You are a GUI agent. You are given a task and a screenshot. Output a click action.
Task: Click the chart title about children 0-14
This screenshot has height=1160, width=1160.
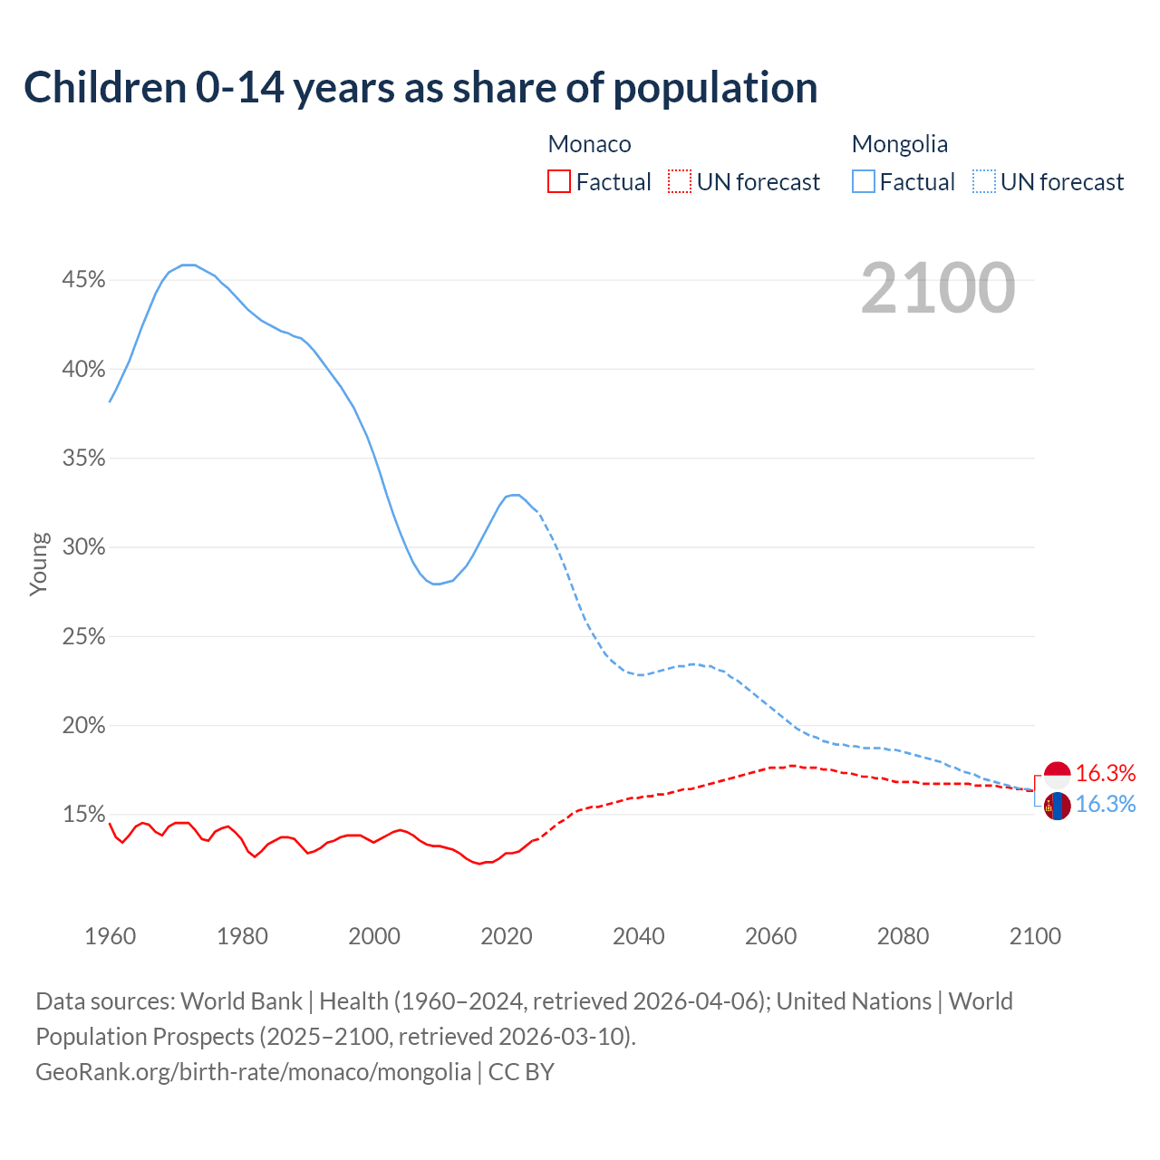point(420,88)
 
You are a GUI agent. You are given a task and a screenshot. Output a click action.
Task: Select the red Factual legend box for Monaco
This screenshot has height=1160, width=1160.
point(559,182)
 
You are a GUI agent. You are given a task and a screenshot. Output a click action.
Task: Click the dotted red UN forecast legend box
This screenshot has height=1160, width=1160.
point(680,182)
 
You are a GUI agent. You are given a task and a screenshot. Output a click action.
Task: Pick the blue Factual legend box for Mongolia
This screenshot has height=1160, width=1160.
point(864,182)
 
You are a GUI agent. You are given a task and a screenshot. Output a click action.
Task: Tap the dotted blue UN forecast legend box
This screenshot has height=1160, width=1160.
point(984,182)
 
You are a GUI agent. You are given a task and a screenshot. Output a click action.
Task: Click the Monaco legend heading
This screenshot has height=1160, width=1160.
point(589,144)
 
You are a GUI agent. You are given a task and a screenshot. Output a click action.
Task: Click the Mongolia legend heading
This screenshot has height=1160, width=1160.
point(899,144)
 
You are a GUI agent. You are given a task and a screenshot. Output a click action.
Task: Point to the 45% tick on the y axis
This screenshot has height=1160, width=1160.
point(83,280)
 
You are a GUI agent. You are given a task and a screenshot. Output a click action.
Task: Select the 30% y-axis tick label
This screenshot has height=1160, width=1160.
point(83,547)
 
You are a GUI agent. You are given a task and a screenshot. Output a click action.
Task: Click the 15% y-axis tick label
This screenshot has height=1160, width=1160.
point(83,815)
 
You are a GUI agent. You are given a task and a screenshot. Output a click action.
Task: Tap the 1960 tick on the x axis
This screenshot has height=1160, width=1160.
point(110,936)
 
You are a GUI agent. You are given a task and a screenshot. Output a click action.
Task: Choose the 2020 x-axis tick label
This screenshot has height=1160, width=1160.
point(506,936)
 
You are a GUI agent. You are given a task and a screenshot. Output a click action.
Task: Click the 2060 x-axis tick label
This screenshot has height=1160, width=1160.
point(770,936)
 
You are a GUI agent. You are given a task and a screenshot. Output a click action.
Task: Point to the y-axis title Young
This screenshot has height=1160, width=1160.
point(38,564)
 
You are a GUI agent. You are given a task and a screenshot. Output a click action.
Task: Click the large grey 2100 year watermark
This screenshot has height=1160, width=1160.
point(938,288)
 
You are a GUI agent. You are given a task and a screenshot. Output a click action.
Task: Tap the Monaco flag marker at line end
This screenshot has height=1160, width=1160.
point(1057,774)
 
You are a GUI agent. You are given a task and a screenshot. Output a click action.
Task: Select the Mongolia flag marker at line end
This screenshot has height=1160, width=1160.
point(1057,805)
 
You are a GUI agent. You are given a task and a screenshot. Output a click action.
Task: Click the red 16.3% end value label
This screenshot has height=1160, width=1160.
point(1106,773)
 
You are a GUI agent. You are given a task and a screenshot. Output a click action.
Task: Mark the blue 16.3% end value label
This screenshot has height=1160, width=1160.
point(1106,804)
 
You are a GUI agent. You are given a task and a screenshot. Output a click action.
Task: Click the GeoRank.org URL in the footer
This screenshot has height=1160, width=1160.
point(253,1072)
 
